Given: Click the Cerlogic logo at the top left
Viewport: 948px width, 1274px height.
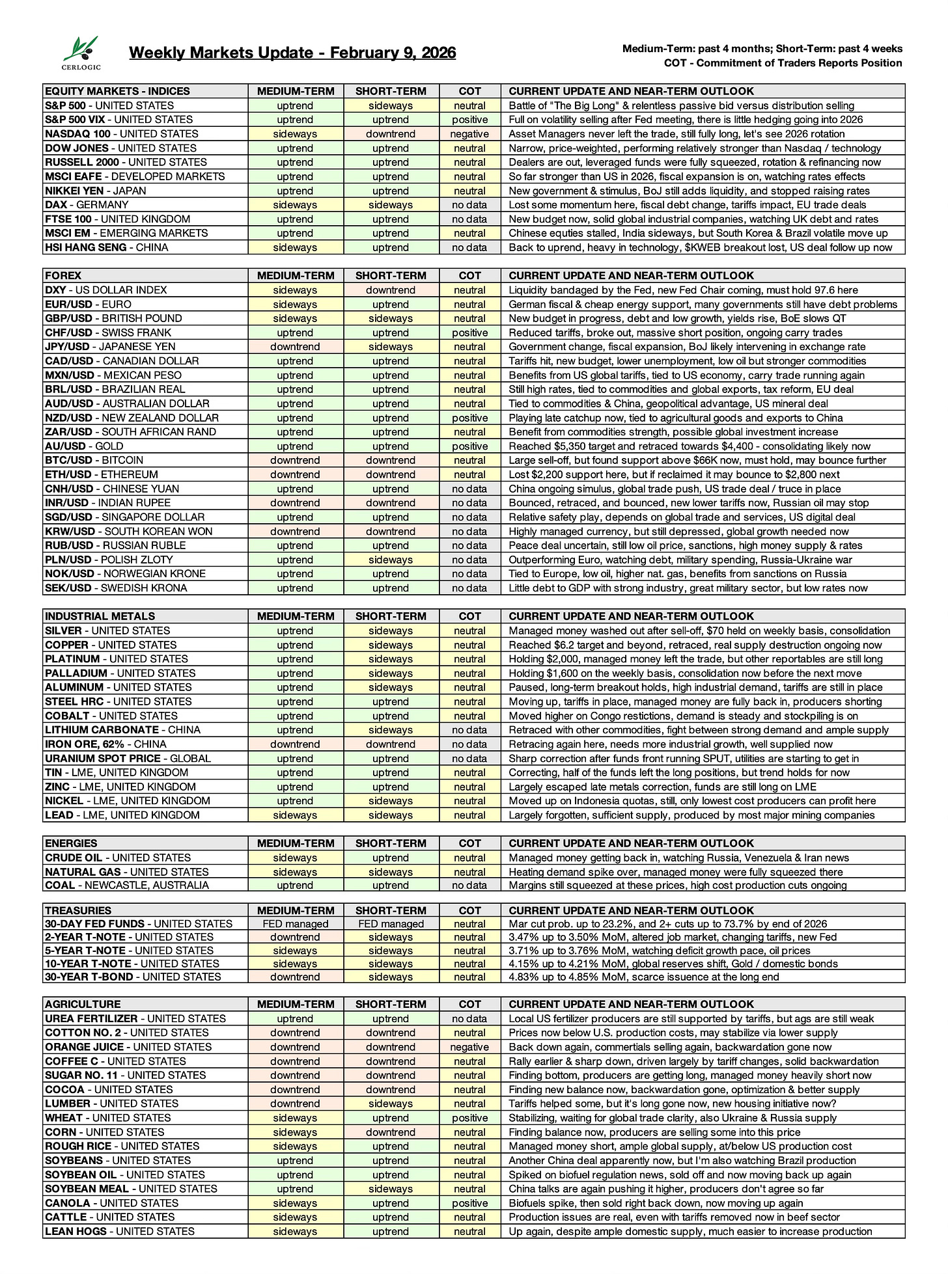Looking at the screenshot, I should (81, 53).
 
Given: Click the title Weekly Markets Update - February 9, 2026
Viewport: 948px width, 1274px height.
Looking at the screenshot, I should (292, 53).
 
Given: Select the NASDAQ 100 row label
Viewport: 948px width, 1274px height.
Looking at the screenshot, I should (122, 134).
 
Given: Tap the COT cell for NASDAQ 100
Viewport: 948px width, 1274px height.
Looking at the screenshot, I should (469, 134).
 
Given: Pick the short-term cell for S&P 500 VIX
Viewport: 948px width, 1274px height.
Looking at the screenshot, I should (391, 120).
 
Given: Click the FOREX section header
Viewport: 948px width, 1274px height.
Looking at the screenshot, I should (63, 276).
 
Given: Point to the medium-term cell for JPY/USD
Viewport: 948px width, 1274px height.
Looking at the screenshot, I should (295, 347).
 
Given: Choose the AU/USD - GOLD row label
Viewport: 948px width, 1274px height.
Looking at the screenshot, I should (84, 446).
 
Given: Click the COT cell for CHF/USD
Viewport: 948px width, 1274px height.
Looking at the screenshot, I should (469, 332).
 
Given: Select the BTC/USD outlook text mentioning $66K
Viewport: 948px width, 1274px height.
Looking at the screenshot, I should (697, 461).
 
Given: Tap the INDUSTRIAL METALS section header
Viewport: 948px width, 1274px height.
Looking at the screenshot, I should (100, 616).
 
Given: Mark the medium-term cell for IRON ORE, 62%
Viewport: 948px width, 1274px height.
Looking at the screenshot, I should (295, 744).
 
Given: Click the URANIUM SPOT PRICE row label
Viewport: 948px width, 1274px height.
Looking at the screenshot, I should (128, 759).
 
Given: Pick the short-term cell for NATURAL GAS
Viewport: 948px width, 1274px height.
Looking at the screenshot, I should (391, 872).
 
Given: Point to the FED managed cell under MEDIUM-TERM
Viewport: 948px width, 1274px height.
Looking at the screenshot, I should (295, 924).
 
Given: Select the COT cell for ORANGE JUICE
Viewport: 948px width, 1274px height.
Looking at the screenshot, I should (469, 1047).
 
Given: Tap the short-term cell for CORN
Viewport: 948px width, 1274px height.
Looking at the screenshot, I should (391, 1132).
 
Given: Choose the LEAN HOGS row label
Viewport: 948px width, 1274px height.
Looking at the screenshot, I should (120, 1231).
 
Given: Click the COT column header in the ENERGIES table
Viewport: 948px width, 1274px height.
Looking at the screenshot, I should (469, 843).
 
